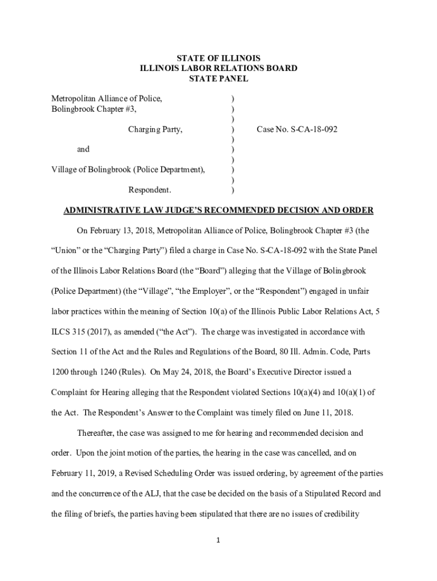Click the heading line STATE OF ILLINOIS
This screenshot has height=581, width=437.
pos(218,58)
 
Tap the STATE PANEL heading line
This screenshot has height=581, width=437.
pos(218,79)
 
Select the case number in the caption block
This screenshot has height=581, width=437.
pos(297,129)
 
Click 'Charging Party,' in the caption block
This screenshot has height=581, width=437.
pos(155,129)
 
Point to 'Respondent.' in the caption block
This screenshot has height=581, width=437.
pos(150,190)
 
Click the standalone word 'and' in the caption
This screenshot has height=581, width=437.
pos(83,149)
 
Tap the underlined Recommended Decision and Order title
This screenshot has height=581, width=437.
pos(218,210)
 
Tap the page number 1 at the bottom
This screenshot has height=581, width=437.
pos(218,540)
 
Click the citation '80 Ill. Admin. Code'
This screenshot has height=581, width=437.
pos(275,352)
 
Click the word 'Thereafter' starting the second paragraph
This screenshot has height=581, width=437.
pos(95,433)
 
